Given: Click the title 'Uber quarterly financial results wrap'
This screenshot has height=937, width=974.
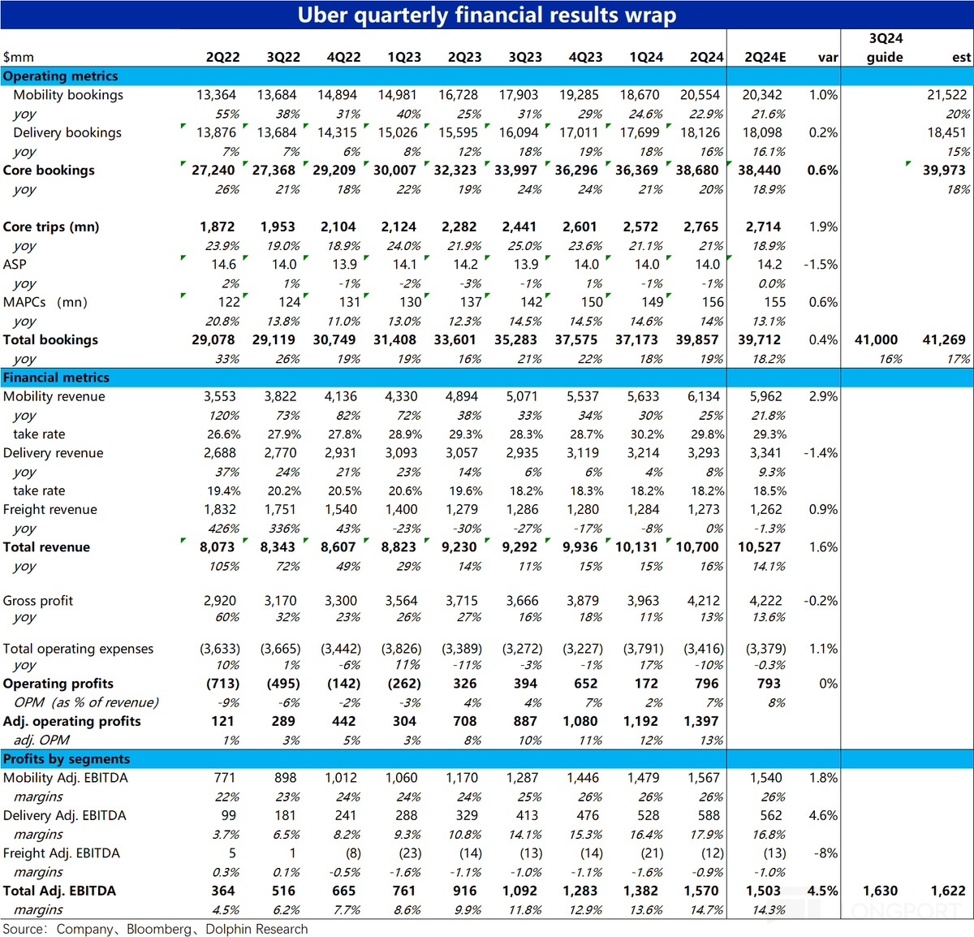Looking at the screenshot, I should click(x=486, y=15).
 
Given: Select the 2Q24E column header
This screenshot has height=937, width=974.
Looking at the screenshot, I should click(x=765, y=57).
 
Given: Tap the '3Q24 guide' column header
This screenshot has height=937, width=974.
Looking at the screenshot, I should click(x=885, y=47).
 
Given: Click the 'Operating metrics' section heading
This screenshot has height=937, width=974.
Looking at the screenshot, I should click(x=61, y=76).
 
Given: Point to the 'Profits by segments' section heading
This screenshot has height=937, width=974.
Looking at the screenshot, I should click(x=67, y=758).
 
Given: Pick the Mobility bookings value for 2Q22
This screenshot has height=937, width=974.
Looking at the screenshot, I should click(x=217, y=95).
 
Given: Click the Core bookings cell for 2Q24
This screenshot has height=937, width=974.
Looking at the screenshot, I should click(x=697, y=171).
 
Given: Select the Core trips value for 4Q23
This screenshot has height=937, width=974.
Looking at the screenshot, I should click(x=580, y=227).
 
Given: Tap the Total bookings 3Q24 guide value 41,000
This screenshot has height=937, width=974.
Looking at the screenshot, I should click(x=876, y=339).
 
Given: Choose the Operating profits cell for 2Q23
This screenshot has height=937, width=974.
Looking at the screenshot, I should click(x=465, y=684).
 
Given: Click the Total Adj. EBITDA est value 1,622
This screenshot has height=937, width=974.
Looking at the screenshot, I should click(x=948, y=891).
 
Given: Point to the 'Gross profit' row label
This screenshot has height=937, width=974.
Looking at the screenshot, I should click(x=38, y=601).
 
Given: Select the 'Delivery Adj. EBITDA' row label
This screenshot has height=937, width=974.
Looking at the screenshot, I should click(x=65, y=815).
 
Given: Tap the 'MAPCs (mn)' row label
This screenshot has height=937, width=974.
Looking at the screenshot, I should click(x=45, y=302).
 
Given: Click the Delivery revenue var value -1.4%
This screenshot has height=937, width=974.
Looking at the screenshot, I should click(x=821, y=453).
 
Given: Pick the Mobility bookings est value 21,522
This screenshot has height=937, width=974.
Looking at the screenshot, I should click(x=947, y=95).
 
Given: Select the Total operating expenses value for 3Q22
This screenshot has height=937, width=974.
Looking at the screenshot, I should click(x=280, y=649).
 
